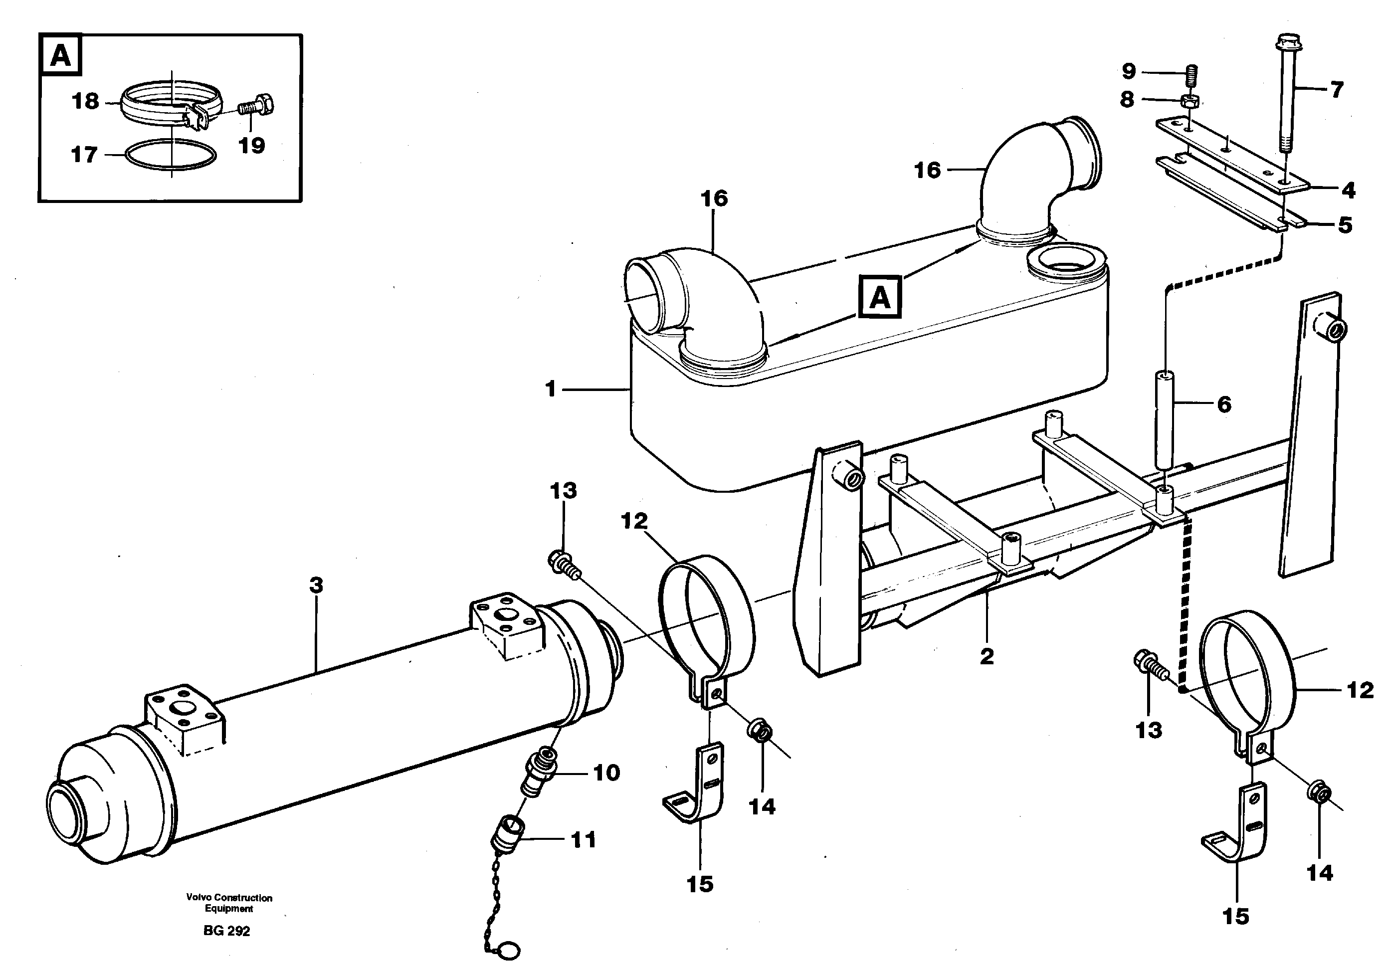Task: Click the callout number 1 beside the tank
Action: pyautogui.click(x=550, y=390)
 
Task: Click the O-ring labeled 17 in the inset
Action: pyautogui.click(x=171, y=156)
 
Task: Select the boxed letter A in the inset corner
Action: pyautogui.click(x=60, y=55)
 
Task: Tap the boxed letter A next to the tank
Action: pyautogui.click(x=880, y=297)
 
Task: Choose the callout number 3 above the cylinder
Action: pyautogui.click(x=316, y=585)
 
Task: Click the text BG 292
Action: pyautogui.click(x=227, y=931)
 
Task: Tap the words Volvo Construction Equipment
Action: pyautogui.click(x=229, y=903)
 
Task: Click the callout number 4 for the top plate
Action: pyautogui.click(x=1348, y=191)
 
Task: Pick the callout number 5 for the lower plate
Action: pyautogui.click(x=1345, y=225)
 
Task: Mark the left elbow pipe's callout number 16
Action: pyautogui.click(x=714, y=198)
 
